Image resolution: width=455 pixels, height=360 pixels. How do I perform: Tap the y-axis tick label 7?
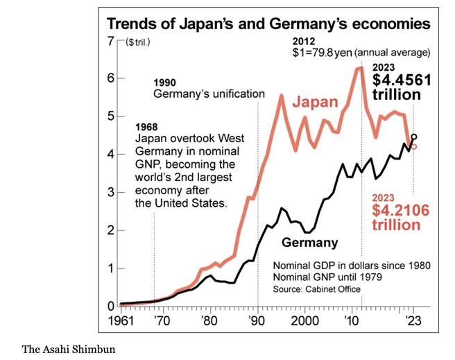[x=110, y=40]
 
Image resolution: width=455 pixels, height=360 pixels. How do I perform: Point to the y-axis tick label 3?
[x=110, y=192]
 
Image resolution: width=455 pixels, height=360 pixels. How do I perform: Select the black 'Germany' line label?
[x=310, y=243]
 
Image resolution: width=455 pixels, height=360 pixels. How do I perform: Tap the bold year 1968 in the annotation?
[x=147, y=127]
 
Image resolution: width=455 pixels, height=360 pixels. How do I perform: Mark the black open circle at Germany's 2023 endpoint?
[x=414, y=137]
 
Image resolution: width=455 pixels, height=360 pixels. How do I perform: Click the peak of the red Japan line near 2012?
[x=360, y=67]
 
